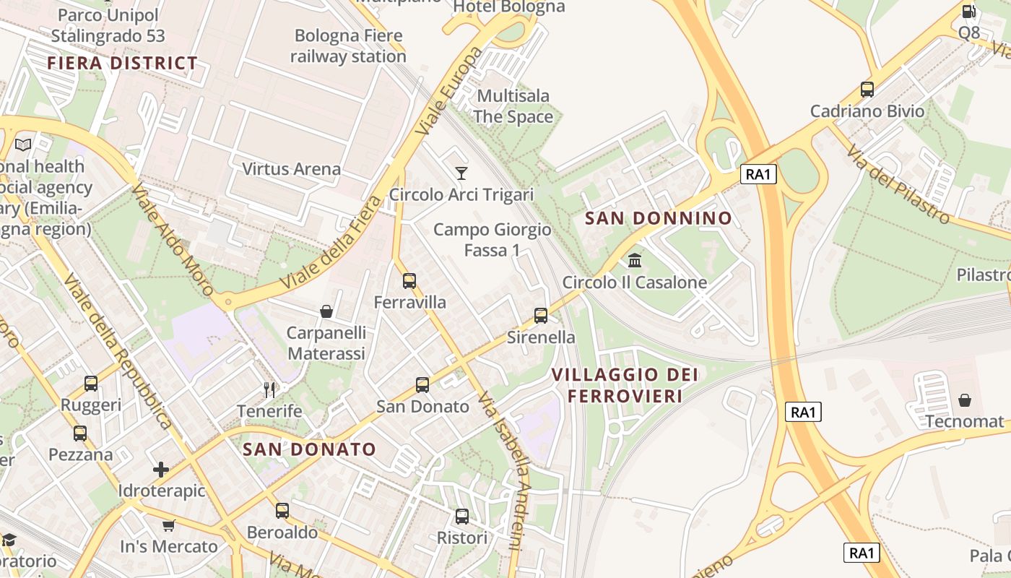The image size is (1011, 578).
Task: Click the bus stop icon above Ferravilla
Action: click(409, 280)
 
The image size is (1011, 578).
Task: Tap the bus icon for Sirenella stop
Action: click(541, 316)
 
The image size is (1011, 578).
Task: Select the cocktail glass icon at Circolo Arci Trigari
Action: click(461, 173)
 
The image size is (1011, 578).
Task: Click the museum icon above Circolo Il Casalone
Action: click(635, 260)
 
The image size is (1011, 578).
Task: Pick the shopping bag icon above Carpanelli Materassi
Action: click(326, 311)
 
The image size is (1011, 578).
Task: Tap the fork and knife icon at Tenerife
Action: click(269, 390)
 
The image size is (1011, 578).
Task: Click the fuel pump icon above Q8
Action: click(968, 11)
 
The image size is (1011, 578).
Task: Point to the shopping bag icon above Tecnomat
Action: click(965, 400)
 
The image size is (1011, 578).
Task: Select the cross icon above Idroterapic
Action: click(161, 470)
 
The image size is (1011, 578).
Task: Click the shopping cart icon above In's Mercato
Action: click(168, 525)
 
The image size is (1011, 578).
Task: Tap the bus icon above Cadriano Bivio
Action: click(867, 90)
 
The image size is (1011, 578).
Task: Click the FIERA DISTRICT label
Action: click(123, 63)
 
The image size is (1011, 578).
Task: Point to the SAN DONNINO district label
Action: click(658, 218)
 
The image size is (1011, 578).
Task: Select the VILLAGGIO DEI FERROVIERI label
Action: click(625, 385)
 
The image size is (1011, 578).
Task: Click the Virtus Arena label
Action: click(291, 169)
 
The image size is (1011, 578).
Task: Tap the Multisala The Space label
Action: click(513, 106)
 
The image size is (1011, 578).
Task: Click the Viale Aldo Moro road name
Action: click(173, 239)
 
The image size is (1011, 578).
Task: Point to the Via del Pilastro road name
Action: click(898, 184)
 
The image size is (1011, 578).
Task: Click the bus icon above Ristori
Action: click(462, 517)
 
